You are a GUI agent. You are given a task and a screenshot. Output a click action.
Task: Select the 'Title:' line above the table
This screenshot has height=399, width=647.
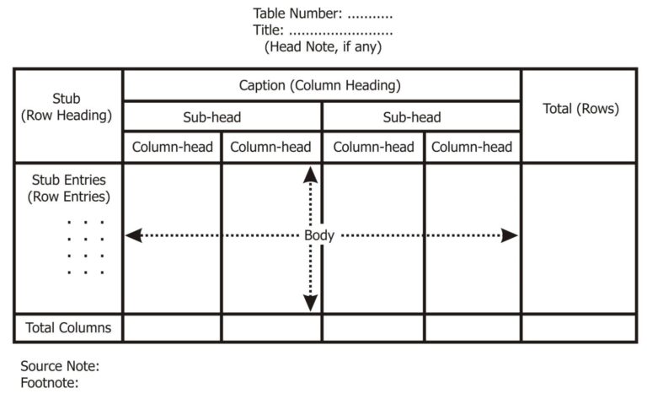(323, 30)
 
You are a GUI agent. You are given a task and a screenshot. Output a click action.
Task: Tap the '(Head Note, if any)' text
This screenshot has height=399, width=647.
(323, 47)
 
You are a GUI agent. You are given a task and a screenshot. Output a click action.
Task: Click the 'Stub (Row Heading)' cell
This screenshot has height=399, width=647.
(67, 107)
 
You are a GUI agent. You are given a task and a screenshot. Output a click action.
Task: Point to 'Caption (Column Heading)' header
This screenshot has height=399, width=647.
(320, 85)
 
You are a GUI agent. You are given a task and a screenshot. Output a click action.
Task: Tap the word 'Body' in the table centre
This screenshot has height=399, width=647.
(319, 235)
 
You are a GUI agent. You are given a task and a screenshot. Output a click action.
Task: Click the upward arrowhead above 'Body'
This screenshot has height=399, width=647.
(311, 175)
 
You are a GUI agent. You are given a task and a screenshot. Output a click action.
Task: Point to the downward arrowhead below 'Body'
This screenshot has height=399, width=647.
(311, 301)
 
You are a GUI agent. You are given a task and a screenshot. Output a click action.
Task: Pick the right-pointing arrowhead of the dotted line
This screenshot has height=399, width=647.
(510, 235)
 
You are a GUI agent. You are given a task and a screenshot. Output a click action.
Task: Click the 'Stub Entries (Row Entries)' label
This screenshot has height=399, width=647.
(69, 188)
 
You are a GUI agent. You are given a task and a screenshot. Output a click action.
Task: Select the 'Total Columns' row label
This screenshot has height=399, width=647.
(68, 327)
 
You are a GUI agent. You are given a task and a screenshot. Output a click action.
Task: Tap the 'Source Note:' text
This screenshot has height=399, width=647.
(60, 367)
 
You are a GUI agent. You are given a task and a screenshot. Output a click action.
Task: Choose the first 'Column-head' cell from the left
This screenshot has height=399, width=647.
(173, 147)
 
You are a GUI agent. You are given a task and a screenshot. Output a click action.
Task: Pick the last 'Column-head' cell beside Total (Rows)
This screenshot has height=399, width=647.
(472, 147)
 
